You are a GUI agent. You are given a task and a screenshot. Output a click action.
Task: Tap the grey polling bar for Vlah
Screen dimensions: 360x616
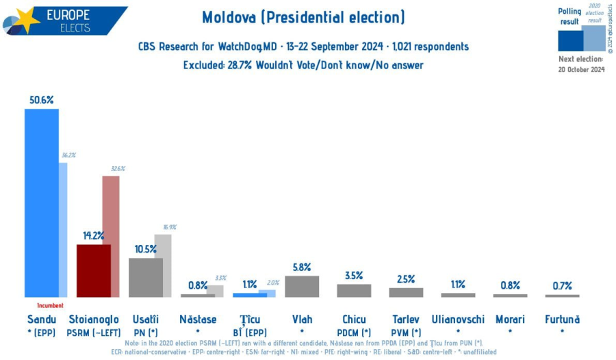point(302,286)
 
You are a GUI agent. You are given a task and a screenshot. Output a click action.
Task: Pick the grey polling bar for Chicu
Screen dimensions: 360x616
point(354,290)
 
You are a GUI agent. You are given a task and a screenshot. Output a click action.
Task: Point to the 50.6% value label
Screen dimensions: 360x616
point(41,99)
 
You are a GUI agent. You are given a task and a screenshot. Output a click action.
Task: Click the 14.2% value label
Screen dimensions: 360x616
point(93,235)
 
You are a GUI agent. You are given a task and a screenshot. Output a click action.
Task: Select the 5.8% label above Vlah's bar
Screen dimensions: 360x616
point(302,267)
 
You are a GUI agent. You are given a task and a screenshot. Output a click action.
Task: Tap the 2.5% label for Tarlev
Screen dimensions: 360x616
point(406,279)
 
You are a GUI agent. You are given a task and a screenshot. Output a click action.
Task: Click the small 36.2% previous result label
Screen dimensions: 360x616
point(68,155)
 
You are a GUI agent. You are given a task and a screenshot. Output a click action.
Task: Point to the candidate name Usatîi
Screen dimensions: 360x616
point(146,319)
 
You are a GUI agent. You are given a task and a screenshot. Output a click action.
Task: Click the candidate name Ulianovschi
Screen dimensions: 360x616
point(458,319)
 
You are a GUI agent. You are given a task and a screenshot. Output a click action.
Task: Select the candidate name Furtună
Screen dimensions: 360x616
point(562,319)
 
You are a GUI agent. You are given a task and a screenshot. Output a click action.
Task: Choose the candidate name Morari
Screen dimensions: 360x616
point(510,319)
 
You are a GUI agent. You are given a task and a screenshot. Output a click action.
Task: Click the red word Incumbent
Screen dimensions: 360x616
point(50,305)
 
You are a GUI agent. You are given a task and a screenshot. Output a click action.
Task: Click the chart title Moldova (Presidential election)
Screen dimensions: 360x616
point(303,17)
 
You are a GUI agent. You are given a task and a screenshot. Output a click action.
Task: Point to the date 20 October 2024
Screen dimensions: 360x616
point(581,69)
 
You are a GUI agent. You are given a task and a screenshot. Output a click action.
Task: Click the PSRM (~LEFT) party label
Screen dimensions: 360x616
point(94,332)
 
